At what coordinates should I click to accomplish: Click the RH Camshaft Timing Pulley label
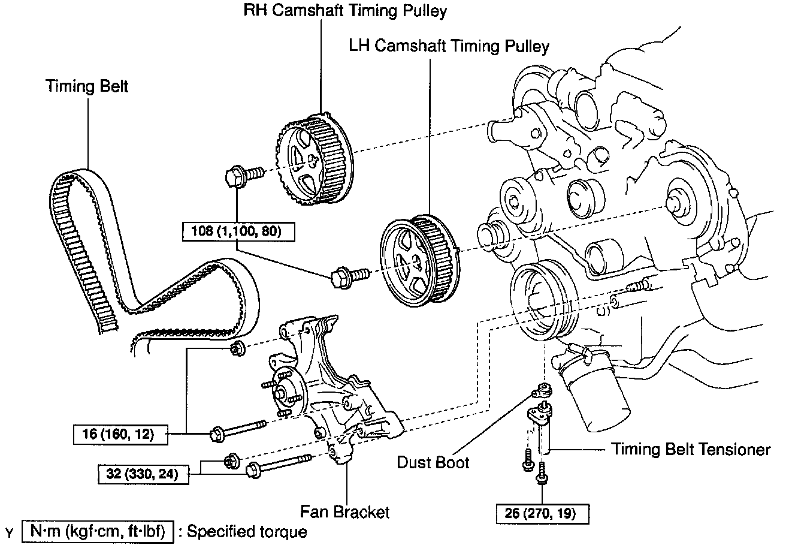click(345, 11)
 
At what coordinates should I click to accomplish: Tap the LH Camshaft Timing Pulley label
click(449, 46)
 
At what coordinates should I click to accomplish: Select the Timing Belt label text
click(87, 86)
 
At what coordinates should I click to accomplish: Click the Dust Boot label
click(433, 463)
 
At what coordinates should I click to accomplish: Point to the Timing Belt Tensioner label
click(690, 450)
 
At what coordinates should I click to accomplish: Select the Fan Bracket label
click(344, 511)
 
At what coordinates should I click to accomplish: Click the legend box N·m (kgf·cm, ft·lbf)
click(98, 531)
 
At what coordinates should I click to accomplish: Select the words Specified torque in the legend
click(247, 531)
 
